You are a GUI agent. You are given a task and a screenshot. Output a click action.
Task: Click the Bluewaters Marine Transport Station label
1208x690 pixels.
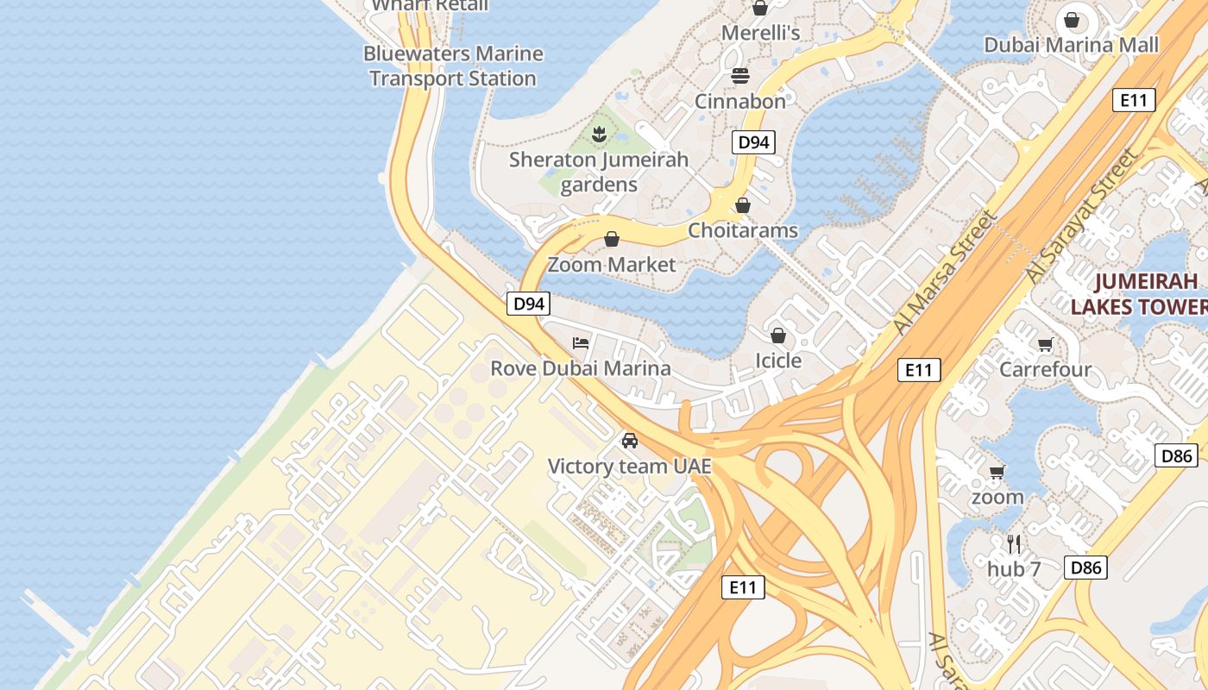tap(453, 66)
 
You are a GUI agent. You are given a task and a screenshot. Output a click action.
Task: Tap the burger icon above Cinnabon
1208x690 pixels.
tap(740, 76)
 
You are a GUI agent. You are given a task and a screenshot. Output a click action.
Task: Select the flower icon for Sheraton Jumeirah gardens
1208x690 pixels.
tap(598, 135)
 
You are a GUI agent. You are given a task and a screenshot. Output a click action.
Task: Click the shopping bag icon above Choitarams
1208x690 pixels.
tap(742, 205)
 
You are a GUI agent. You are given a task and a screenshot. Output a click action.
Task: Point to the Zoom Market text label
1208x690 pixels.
tap(612, 264)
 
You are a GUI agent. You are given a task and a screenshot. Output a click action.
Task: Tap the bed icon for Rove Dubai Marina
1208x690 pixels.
tap(581, 343)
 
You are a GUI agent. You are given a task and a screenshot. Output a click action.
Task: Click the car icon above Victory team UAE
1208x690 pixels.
tap(630, 441)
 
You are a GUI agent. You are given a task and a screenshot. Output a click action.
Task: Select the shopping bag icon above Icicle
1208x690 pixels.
tap(778, 335)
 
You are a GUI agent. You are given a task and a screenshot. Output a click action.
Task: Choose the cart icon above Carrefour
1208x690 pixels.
tap(1045, 345)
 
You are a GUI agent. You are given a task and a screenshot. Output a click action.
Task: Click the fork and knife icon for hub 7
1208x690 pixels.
tap(1014, 544)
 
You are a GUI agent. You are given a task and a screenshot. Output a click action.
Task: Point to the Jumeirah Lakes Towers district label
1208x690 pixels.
tap(1139, 293)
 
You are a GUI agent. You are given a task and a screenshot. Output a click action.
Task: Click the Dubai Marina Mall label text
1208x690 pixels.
tap(1072, 45)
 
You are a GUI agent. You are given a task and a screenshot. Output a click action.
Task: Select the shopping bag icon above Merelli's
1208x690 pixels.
tap(760, 9)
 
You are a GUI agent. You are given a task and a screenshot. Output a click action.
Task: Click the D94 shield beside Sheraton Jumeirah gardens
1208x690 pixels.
tap(753, 142)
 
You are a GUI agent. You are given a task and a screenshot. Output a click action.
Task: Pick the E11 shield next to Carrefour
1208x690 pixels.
tap(918, 370)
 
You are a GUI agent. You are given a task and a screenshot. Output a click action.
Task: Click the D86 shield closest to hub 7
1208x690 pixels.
tap(1085, 567)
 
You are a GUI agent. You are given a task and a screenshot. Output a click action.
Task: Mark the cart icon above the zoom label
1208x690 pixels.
tap(997, 472)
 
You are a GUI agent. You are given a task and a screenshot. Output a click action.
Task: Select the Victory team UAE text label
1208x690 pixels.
tap(630, 467)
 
